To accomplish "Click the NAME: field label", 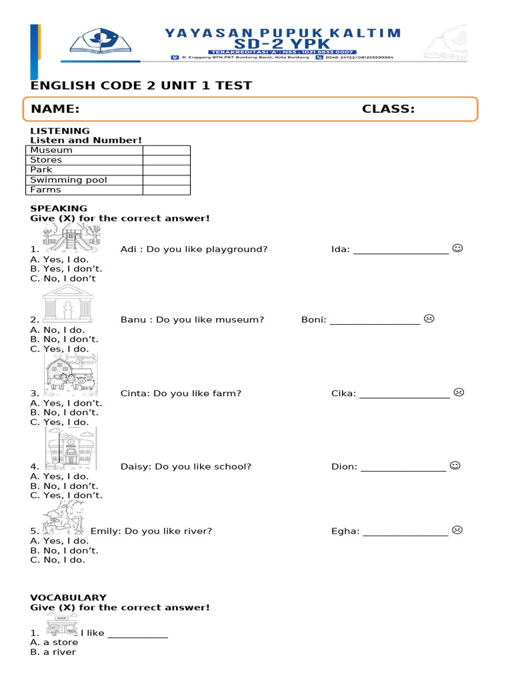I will point(55,109).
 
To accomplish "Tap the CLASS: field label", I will point(388,109).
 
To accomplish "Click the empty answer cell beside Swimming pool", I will point(166,180).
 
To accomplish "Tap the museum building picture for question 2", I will point(67,303).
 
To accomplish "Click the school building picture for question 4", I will point(71,448).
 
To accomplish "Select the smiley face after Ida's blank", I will point(457,248).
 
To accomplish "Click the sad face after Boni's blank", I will point(429,318).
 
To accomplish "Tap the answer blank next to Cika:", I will point(405,394).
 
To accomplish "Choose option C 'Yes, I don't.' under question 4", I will point(66,496).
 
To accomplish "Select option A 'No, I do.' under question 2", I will point(57,329).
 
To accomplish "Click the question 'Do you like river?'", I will point(168,531).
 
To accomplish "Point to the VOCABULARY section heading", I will point(68,598).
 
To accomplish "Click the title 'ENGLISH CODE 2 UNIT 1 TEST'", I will point(141,85).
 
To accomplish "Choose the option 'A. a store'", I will point(54,642).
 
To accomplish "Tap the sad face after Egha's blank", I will point(457,530).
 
